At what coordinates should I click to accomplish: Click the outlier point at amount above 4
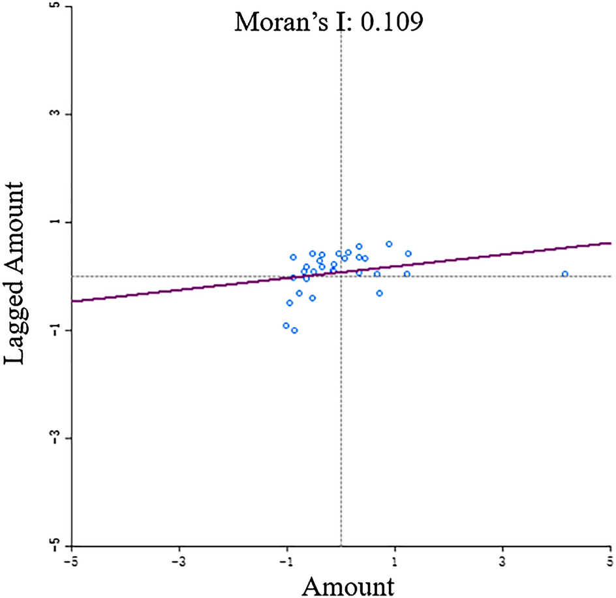(565, 274)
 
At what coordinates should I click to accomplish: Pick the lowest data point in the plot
(294, 330)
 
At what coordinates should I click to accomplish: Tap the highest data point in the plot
(389, 244)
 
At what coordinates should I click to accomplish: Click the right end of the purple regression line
(609, 243)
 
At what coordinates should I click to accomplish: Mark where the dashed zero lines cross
(341, 276)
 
